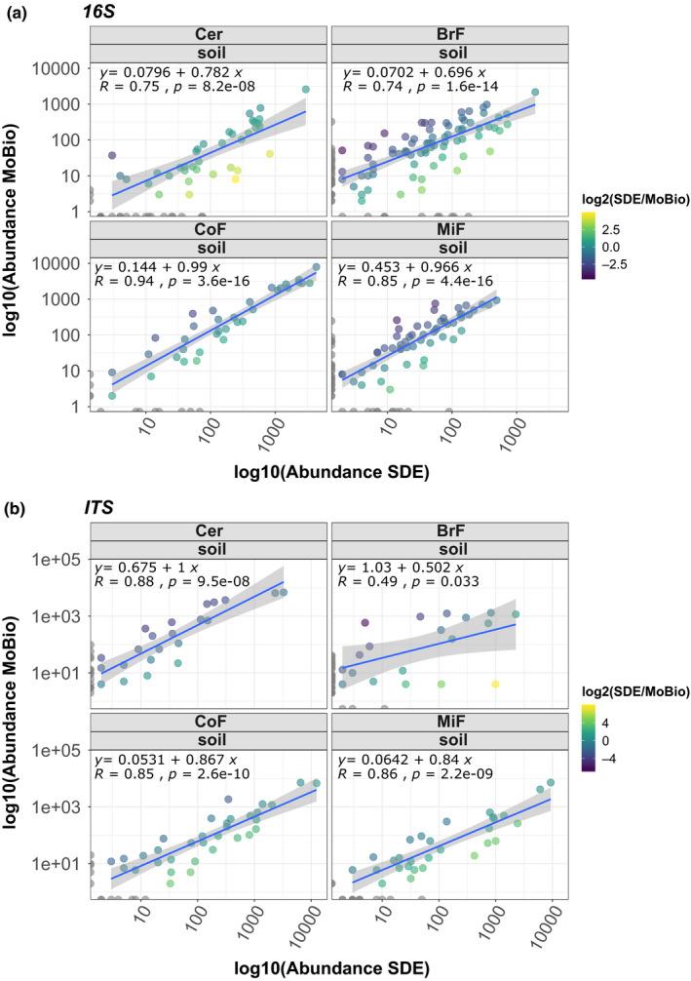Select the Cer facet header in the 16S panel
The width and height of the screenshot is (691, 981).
pos(208,35)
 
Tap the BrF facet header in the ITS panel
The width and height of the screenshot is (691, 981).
pos(447,528)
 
